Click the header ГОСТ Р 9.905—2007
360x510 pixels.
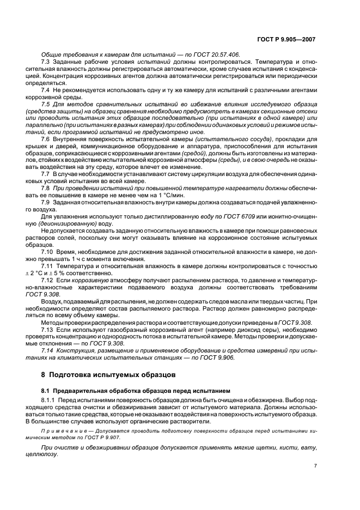292,40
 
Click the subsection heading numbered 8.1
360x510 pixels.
136,391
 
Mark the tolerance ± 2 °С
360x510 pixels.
53,272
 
